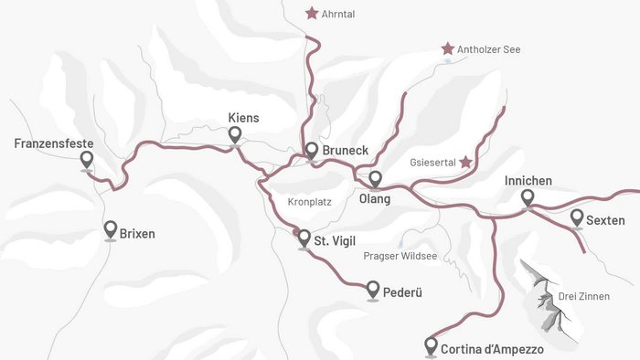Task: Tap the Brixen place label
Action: pyautogui.click(x=137, y=233)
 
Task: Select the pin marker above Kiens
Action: pyautogui.click(x=235, y=135)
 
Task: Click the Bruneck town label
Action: pyautogui.click(x=345, y=151)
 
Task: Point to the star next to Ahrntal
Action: pyautogui.click(x=312, y=14)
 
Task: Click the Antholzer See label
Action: pyautogui.click(x=490, y=49)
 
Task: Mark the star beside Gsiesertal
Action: pyautogui.click(x=465, y=162)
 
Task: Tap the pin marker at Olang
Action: pyautogui.click(x=375, y=178)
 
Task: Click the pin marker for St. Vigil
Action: pyautogui.click(x=304, y=239)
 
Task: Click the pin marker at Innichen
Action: pyautogui.click(x=528, y=198)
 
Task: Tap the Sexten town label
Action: pyautogui.click(x=605, y=220)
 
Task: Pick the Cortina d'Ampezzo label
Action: pyautogui.click(x=492, y=349)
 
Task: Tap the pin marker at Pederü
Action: pyautogui.click(x=373, y=291)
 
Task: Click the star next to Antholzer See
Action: pyautogui.click(x=448, y=48)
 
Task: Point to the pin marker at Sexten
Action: pyautogui.click(x=577, y=217)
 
